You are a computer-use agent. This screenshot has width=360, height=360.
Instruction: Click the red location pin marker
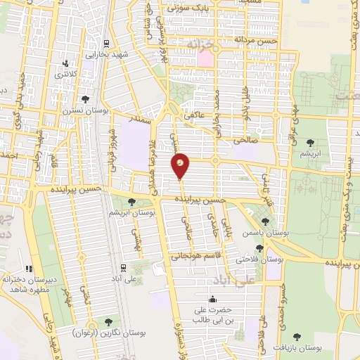180,166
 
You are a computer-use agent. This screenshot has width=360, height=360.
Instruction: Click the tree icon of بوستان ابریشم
131,202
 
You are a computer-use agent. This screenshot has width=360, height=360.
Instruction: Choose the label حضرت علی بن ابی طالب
212,314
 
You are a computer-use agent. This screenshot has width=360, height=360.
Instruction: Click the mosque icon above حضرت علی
212,298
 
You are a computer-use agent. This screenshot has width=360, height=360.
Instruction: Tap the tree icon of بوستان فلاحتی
260,248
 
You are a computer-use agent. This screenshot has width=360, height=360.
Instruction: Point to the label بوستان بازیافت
298,348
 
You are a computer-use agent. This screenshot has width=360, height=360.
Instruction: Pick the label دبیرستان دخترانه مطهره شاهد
28,284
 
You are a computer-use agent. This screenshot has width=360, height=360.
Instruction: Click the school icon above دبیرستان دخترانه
29,268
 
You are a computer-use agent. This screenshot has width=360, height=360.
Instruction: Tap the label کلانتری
66,73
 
